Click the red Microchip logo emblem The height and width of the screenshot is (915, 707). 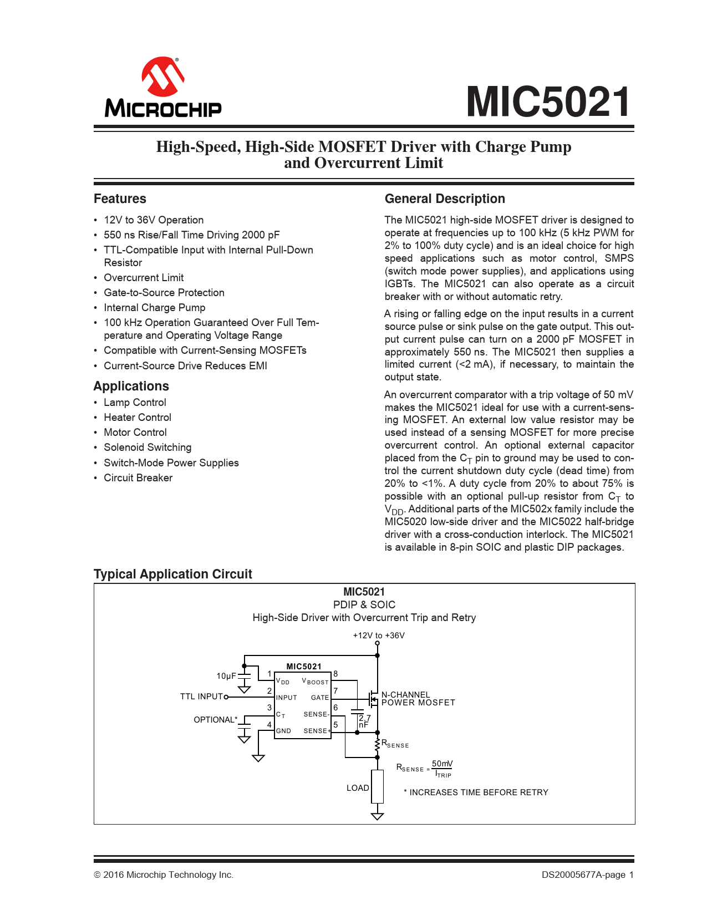point(163,76)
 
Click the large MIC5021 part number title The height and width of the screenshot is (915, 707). point(548,102)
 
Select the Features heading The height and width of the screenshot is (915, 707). point(120,199)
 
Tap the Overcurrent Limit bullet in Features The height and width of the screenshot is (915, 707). point(144,278)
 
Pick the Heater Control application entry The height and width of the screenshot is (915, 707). point(138,418)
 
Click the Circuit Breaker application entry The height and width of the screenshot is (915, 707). point(138,478)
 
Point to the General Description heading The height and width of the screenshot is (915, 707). point(445,199)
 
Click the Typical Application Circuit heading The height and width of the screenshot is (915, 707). point(172,574)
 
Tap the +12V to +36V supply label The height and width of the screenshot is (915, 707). point(379,636)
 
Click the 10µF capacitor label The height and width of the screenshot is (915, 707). point(226,676)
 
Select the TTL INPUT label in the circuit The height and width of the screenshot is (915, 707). point(201,697)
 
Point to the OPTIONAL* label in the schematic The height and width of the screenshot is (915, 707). point(215,720)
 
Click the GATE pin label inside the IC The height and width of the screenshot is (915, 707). point(320,698)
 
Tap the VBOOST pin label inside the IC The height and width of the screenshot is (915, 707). point(315,682)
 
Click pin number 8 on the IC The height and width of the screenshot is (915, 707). point(335,674)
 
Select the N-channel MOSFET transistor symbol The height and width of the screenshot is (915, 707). point(373,698)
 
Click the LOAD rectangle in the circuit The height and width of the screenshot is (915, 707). point(377,786)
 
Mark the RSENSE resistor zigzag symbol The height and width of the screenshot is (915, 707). point(377,744)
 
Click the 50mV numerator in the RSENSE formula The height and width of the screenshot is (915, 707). point(442,764)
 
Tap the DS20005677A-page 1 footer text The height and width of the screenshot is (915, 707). point(587,875)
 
